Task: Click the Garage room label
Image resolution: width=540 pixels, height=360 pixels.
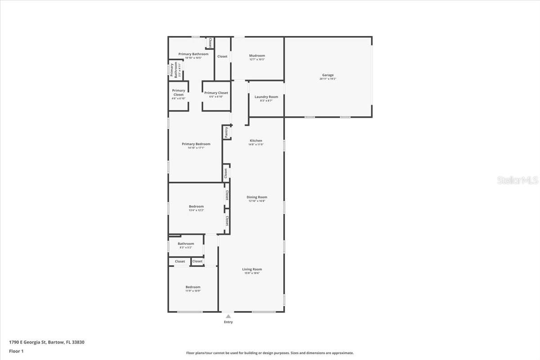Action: (x=328, y=75)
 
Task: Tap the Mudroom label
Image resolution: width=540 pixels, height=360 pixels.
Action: (x=257, y=56)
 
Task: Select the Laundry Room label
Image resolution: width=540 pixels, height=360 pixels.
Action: (x=266, y=97)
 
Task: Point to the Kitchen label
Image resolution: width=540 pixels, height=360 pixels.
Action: (x=256, y=140)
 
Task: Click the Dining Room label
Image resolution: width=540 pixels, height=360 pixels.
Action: (x=256, y=197)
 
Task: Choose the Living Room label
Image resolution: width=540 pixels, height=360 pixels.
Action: (x=252, y=269)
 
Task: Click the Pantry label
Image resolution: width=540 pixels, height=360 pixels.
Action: (x=226, y=132)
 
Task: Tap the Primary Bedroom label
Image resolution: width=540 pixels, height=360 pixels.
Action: (x=196, y=144)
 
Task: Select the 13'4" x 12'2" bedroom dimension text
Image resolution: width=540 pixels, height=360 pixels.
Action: (x=196, y=210)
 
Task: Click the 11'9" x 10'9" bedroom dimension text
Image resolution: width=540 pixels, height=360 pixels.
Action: (x=193, y=291)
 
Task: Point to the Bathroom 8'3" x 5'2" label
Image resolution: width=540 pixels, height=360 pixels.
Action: (x=186, y=244)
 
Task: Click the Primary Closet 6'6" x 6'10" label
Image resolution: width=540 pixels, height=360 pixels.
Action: (x=216, y=93)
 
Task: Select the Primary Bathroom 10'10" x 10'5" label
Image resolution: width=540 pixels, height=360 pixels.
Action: (x=193, y=54)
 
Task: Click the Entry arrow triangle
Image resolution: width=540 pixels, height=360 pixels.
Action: (x=228, y=316)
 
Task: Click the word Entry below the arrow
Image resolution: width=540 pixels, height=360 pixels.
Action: (x=228, y=322)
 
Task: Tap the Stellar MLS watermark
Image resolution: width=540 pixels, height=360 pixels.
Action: (x=517, y=180)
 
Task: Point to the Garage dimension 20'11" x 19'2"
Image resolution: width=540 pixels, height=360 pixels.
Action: (x=328, y=79)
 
